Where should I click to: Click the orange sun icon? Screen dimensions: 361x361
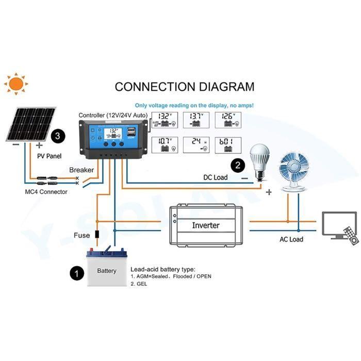coord(16,83)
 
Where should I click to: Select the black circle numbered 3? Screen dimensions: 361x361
coord(59,136)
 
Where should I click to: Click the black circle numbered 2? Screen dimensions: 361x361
coord(238,165)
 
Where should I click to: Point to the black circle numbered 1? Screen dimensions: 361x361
coord(76,273)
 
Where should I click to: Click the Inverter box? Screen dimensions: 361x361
coord(205,225)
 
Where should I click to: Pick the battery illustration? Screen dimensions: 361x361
coord(107,267)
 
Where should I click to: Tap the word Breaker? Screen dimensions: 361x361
coord(81,170)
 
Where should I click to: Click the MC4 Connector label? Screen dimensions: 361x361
coord(46,192)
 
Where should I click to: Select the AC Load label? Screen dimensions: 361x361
coord(291,239)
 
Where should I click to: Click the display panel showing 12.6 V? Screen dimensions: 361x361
coord(228,120)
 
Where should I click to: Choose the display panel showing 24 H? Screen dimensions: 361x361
coord(199,145)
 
